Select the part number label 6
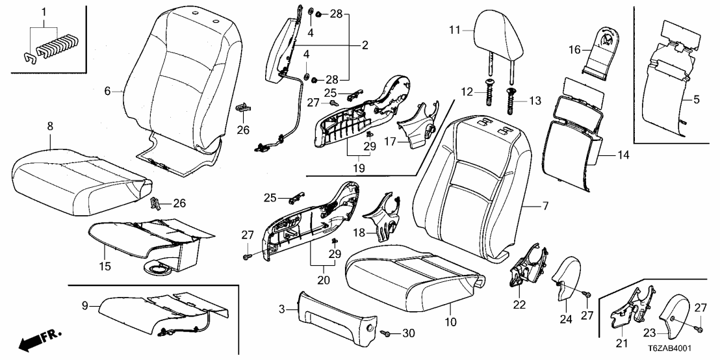[x=108, y=92]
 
